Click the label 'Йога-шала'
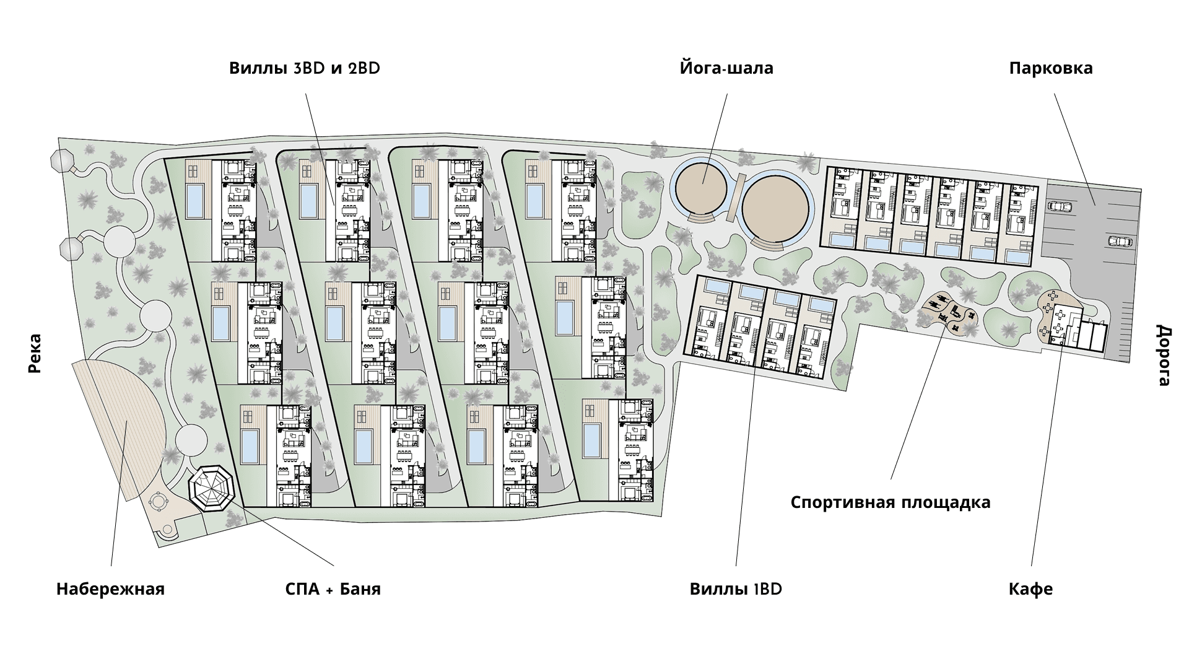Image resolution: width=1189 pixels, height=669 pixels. pos(726,68)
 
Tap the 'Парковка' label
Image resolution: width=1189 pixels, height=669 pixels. pos(1051,68)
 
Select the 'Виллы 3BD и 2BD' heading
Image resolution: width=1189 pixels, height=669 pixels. pos(305,68)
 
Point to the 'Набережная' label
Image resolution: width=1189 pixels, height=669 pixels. pos(110,588)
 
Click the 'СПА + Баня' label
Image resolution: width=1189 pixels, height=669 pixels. pos(333,588)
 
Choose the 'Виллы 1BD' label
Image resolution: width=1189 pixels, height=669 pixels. pos(736,588)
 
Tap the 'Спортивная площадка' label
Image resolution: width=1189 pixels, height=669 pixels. pos(891,502)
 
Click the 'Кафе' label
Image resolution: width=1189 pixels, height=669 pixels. pos(1030,588)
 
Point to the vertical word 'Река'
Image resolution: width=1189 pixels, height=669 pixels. pos(35,354)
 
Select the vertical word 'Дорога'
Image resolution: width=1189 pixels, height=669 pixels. pos(1164,355)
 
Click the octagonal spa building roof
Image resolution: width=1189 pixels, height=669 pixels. pos(212,489)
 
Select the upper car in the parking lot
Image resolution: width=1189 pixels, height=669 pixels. pos(1061,206)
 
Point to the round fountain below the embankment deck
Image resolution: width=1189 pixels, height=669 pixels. pos(159,501)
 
